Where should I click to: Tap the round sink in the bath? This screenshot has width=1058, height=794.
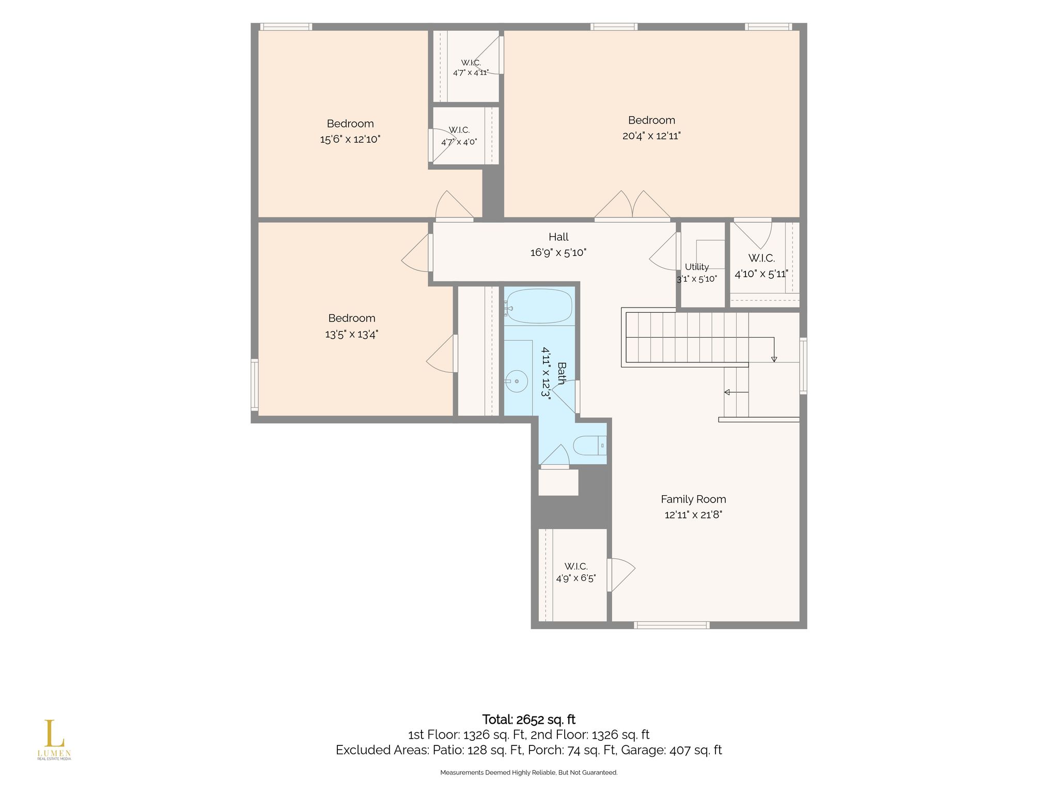click(x=517, y=381)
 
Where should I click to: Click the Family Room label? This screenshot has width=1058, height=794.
click(x=693, y=499)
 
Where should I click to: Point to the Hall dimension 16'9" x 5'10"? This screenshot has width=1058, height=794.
click(x=558, y=253)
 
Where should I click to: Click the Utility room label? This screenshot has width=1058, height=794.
click(x=697, y=267)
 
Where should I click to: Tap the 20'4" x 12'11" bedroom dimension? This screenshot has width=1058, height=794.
click(x=651, y=136)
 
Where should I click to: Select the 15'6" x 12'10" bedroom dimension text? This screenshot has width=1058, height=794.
click(x=350, y=139)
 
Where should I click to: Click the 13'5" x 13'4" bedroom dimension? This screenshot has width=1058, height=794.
click(x=352, y=334)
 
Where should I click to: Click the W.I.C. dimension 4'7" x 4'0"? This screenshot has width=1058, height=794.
click(x=459, y=142)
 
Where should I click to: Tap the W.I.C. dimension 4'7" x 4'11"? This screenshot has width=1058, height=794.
click(x=471, y=72)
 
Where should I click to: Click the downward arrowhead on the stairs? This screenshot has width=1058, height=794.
click(x=773, y=359)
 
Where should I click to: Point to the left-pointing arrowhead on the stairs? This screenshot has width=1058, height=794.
click(x=727, y=392)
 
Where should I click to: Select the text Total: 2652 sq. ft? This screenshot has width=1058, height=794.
click(x=528, y=720)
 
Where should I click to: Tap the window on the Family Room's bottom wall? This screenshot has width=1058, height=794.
click(x=672, y=625)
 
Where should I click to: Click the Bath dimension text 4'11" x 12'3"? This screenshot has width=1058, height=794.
click(x=546, y=372)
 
